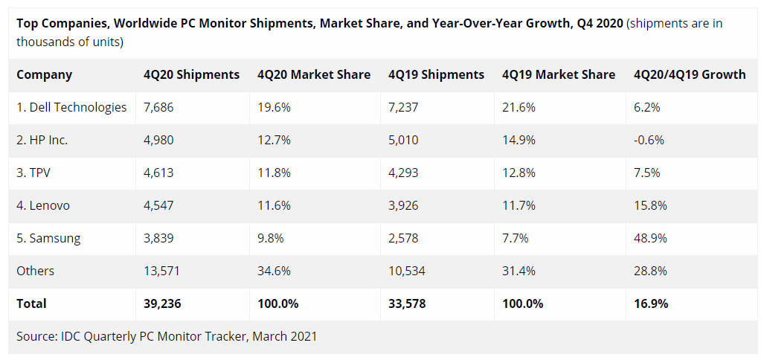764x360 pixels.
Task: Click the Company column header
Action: pos(45,74)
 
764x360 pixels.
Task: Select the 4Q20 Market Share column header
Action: pos(314,74)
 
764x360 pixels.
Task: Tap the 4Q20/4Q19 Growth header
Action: pos(690,74)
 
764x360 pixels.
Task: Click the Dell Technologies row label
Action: pos(71,107)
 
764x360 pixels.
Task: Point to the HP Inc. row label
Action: pos(42,140)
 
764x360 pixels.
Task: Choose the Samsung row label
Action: pos(48,238)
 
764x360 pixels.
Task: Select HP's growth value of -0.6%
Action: pos(649,140)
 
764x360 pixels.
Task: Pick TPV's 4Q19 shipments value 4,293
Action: pos(403,173)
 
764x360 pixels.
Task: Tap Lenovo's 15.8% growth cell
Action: pos(650,205)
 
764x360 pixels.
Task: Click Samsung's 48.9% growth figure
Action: pos(650,238)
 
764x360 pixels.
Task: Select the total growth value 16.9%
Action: pos(651,303)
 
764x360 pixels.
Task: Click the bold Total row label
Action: pos(31,303)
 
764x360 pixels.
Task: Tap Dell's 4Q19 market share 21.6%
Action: pos(519,107)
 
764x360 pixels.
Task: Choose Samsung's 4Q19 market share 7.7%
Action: pos(516,238)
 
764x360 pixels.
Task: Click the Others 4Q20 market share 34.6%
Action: pos(274,271)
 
